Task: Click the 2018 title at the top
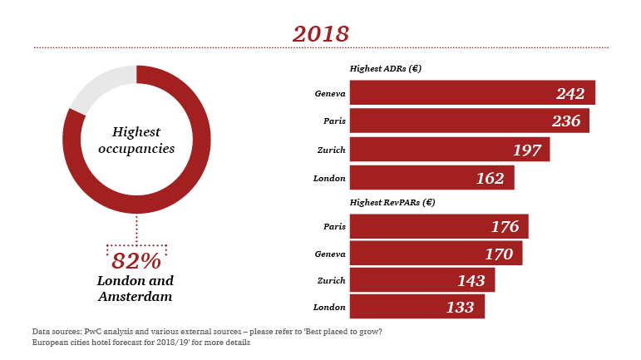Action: pos(320,33)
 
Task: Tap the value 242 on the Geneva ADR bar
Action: pos(570,94)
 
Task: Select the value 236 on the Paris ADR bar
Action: pos(565,121)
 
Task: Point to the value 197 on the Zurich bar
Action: pos(526,150)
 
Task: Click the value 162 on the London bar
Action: pos(491,177)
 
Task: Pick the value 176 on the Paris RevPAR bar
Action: pos(505,227)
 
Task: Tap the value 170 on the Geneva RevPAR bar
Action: pos(499,254)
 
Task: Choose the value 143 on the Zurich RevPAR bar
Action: pos(471,281)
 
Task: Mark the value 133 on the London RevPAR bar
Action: pos(460,308)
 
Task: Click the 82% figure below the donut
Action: pos(136,260)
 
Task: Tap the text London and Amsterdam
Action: pos(136,288)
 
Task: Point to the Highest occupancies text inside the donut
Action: pos(136,141)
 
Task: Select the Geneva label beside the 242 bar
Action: pos(330,93)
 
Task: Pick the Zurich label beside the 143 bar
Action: pos(332,280)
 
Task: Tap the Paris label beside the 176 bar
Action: pos(334,226)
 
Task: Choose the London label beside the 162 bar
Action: pos(329,178)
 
